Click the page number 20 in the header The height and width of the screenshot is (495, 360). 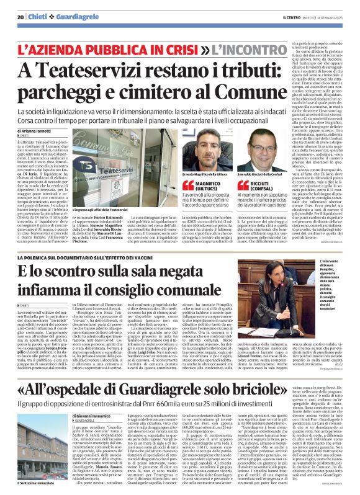tap(20, 17)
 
